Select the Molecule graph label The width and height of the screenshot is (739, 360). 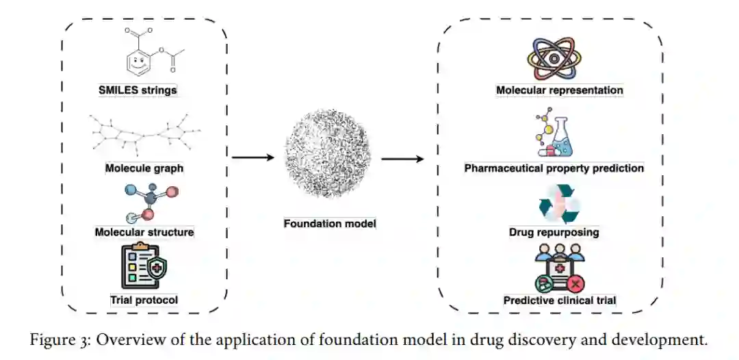pos(144,168)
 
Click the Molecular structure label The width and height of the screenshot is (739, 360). pos(144,232)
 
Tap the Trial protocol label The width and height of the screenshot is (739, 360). pos(144,300)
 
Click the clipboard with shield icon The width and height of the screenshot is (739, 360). pos(144,266)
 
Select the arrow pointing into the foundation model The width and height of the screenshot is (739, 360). pos(252,158)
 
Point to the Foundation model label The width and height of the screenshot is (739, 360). pos(330,223)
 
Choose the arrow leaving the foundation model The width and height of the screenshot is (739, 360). pos(402,159)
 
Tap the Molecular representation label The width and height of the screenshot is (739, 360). pos(560,90)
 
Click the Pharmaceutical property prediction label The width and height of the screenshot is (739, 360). pos(554,168)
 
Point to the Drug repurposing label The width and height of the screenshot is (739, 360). pos(554,232)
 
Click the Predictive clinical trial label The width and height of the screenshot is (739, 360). pos(560,300)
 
